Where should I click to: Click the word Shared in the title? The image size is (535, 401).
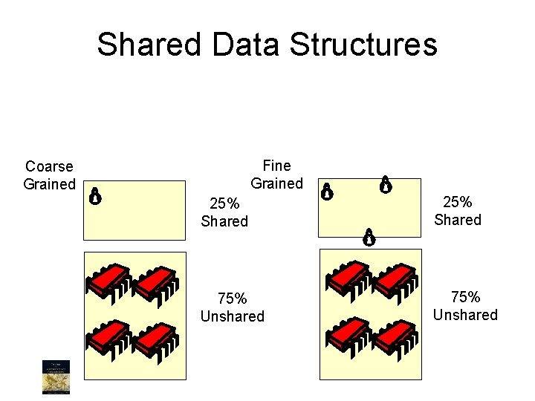pos(149,45)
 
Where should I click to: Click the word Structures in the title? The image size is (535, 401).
pos(363,45)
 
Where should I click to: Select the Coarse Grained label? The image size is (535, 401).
pos(49,175)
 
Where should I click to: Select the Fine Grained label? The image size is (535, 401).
pos(276,175)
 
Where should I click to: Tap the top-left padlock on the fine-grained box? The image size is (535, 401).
pos(326,192)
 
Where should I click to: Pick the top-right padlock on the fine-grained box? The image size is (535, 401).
pos(386,184)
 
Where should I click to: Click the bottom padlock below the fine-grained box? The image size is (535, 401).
pos(368,237)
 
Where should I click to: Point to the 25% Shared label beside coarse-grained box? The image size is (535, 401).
pos(224,212)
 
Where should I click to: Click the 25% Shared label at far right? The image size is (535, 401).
pos(458,211)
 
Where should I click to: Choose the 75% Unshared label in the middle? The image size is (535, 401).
pos(232,307)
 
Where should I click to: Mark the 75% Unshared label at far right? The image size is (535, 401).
pos(465,306)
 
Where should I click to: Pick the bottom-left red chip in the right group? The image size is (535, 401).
pos(348,335)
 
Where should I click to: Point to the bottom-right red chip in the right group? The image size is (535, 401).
pos(395,335)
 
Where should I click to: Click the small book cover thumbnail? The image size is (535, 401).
pos(53,376)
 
